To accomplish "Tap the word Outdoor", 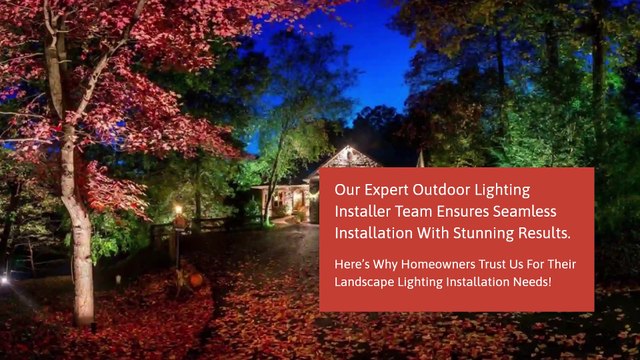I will [447, 190].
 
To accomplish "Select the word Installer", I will [363, 212].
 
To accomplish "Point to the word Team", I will [418, 212].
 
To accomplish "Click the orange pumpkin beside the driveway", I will [196, 280].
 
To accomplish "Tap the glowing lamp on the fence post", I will [178, 210].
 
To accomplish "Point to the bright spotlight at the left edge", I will [3, 281].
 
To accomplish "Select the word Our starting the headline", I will [346, 190].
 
